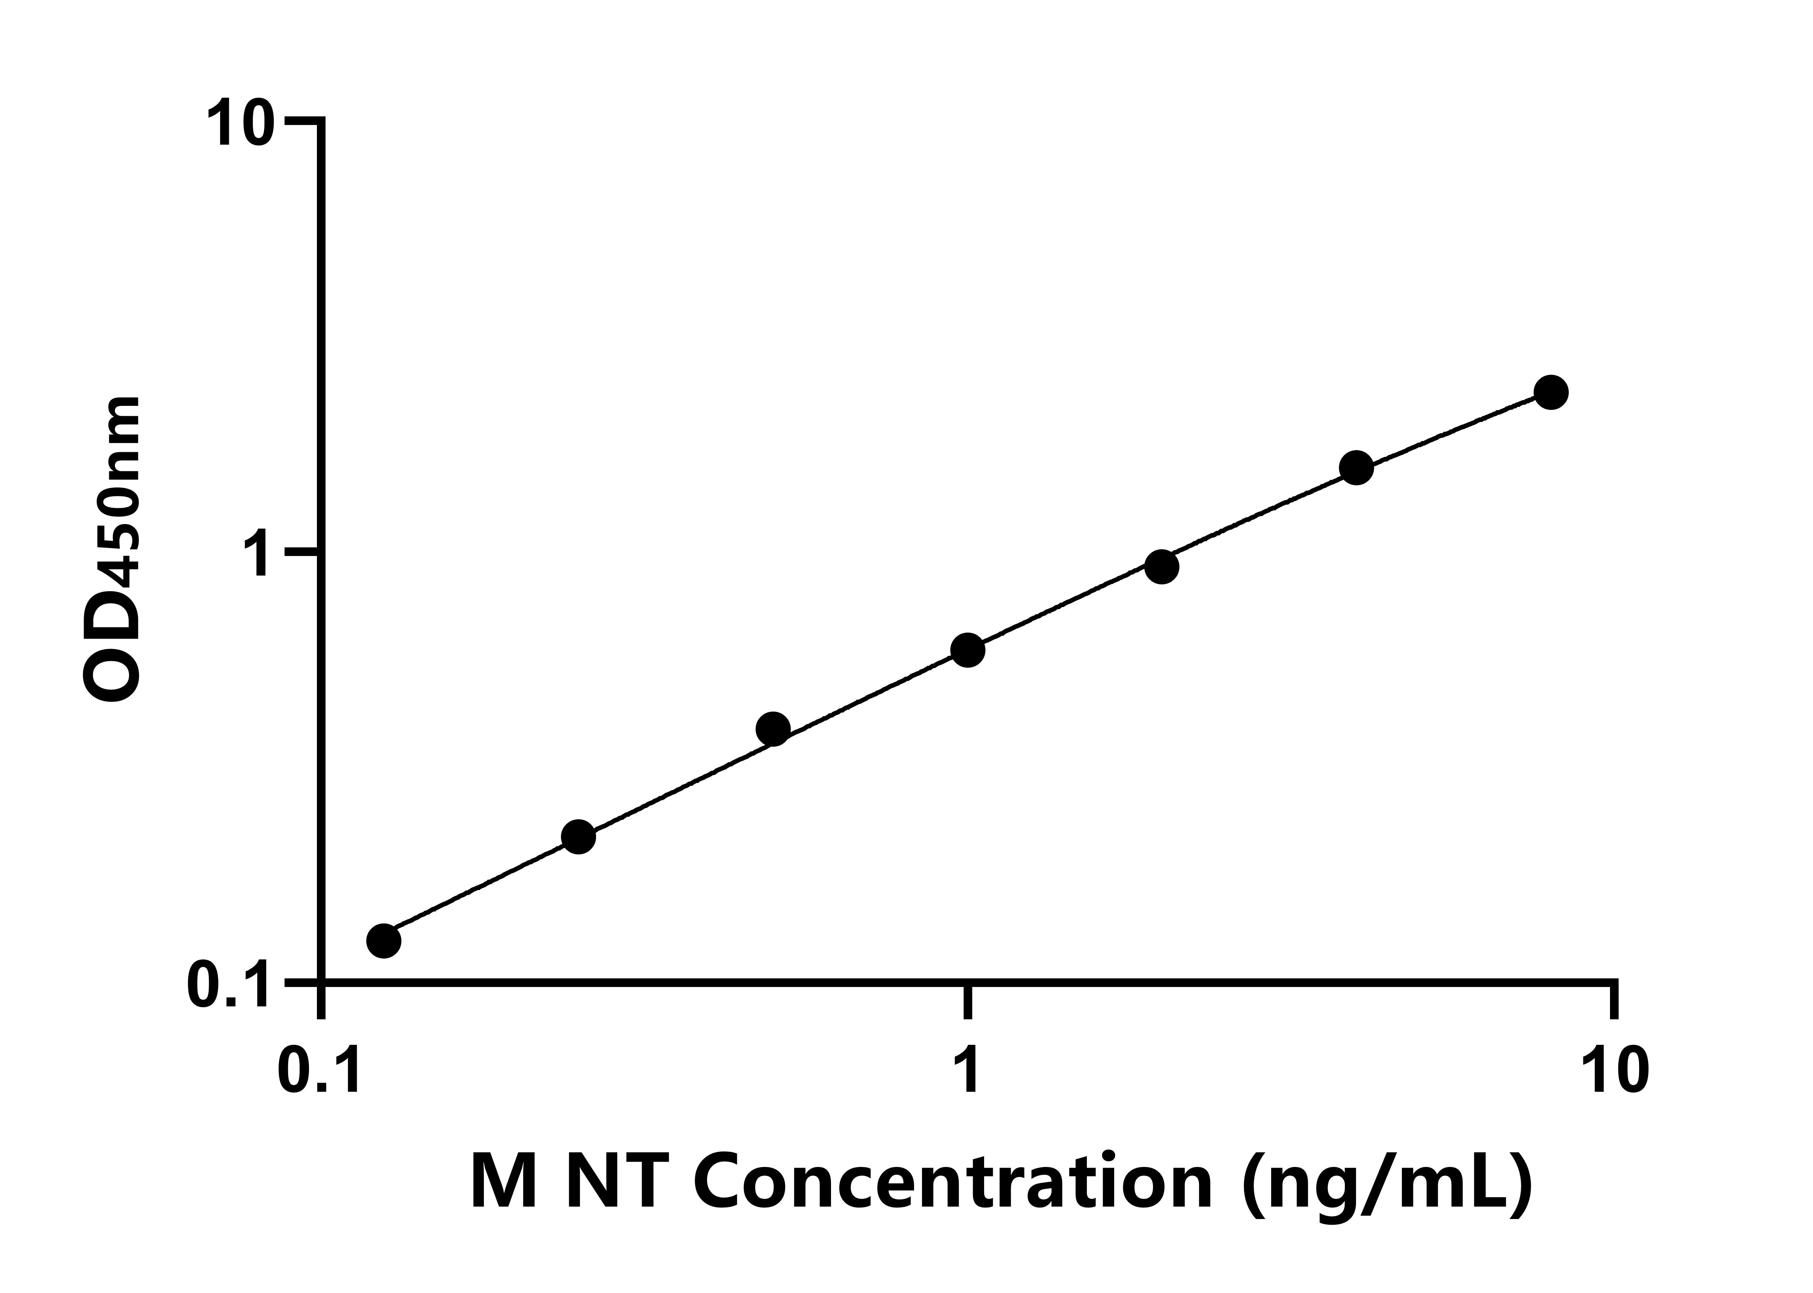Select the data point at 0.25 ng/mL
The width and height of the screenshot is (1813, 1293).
578,837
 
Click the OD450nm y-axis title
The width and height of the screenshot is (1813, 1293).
111,550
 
